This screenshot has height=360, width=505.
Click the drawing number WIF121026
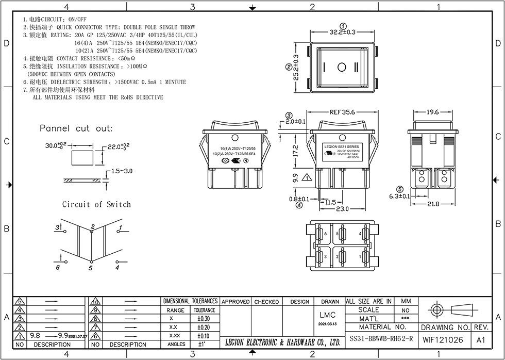pyautogui.click(x=443, y=340)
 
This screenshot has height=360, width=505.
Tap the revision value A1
pyautogui.click(x=481, y=340)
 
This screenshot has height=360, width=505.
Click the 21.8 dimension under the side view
pyautogui.click(x=433, y=204)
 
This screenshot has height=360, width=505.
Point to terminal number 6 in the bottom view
pyautogui.click(x=325, y=234)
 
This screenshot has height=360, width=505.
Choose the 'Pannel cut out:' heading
pyautogui.click(x=76, y=128)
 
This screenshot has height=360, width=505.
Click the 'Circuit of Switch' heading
pyautogui.click(x=96, y=204)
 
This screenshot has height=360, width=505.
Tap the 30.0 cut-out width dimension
pyautogui.click(x=55, y=146)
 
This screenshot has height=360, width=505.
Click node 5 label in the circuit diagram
pyautogui.click(x=90, y=268)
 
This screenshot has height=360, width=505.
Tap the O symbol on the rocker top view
pyautogui.click(x=342, y=68)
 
